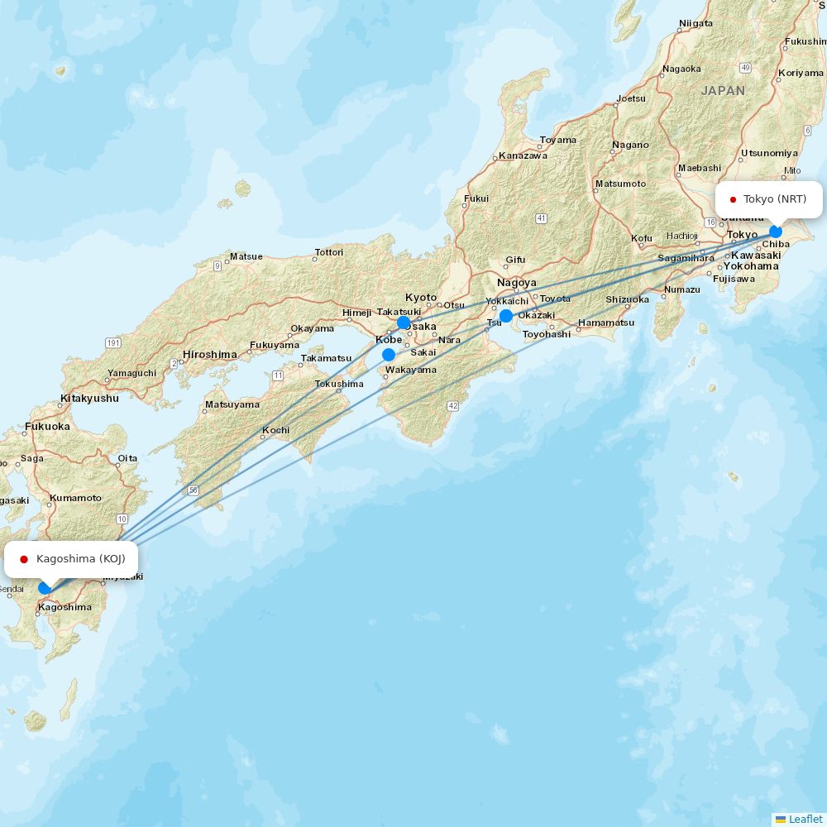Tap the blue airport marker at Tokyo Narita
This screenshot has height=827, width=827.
[x=776, y=232]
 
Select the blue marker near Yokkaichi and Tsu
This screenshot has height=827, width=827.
[x=506, y=316]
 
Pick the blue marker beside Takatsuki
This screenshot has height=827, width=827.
[x=404, y=323]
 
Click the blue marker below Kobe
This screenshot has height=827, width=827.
[x=389, y=355]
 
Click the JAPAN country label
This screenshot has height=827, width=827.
[x=723, y=91]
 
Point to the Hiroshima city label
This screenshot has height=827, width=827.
[x=210, y=354]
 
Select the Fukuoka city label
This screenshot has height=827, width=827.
[x=47, y=427]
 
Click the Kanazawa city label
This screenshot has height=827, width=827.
[x=523, y=155]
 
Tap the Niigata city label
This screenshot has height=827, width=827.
[x=696, y=23]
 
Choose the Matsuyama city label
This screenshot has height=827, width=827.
[x=232, y=404]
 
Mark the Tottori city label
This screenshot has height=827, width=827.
[x=328, y=252]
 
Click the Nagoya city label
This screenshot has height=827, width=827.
[x=517, y=283]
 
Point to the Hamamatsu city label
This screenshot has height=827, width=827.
[x=606, y=323]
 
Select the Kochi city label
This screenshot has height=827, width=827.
[x=275, y=430]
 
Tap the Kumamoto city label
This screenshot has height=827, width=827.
[x=75, y=498]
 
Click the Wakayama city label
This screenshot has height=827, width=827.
[x=411, y=370]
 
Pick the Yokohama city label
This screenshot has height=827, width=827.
[x=751, y=266]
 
